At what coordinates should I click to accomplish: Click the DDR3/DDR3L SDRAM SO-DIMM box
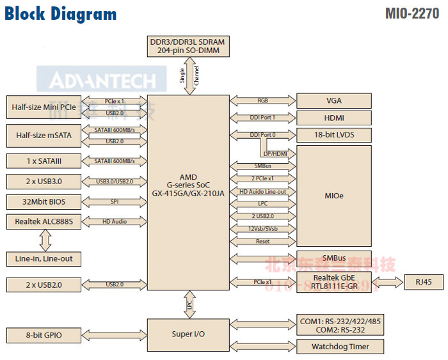188,46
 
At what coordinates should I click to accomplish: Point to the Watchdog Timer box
340,347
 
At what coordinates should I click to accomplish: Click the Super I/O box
188,334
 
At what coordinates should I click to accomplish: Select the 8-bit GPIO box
45,334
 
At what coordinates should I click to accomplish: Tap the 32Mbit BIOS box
45,202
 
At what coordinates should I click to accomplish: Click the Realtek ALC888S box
45,222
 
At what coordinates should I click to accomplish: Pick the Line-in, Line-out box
45,259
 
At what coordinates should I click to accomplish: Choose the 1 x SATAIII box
45,161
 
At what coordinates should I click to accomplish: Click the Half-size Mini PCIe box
45,107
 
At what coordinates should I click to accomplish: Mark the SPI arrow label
115,202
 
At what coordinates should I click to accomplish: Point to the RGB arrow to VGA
262,100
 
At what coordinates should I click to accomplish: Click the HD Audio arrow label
115,222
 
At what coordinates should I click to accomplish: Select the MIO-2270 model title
412,13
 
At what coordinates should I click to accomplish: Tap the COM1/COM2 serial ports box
340,325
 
